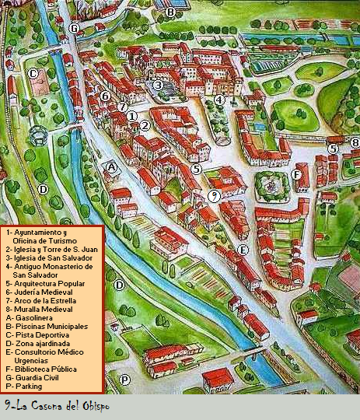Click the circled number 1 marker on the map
pos(132,116)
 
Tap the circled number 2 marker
pos(144,125)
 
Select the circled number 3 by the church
pos(158,86)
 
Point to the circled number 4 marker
pos(219,100)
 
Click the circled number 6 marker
pos(105,96)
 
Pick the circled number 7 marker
pos(122,107)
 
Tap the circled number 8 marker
pos(355,142)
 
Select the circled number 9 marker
pos(214,194)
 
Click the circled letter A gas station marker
pos(111,166)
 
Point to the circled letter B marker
pos(170,12)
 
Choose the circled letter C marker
pos(33,74)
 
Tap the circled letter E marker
pos(243,250)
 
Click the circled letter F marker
pos(296,175)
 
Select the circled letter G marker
pos(74,28)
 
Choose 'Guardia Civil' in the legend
pos(35,376)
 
